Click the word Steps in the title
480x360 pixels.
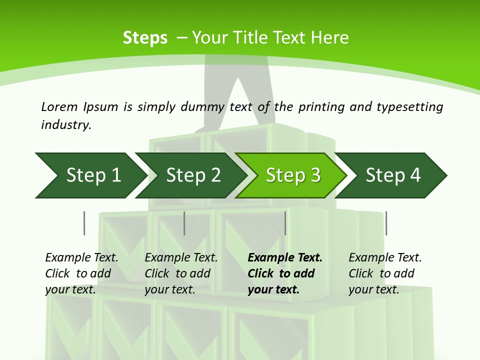(145, 38)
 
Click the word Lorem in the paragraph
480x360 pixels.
(59, 106)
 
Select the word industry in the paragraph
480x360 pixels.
(65, 125)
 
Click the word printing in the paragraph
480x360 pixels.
(316, 106)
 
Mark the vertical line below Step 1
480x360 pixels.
(84, 223)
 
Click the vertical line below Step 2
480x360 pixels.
(184, 223)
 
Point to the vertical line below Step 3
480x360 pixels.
(285, 223)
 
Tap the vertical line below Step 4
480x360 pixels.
(386, 223)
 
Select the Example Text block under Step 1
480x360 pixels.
(81, 273)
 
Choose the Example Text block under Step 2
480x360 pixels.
(181, 273)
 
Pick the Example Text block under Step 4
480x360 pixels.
(385, 273)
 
